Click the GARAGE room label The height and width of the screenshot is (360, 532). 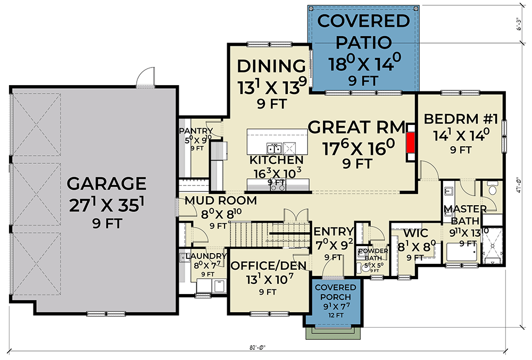[106, 183]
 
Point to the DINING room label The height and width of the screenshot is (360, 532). [271, 66]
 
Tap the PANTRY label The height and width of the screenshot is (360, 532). [196, 131]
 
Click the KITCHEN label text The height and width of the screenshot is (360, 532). [277, 160]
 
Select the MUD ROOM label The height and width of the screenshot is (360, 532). [221, 201]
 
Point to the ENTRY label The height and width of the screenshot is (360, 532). [334, 231]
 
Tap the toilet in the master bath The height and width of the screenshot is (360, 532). [492, 189]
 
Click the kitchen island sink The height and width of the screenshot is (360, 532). [274, 148]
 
